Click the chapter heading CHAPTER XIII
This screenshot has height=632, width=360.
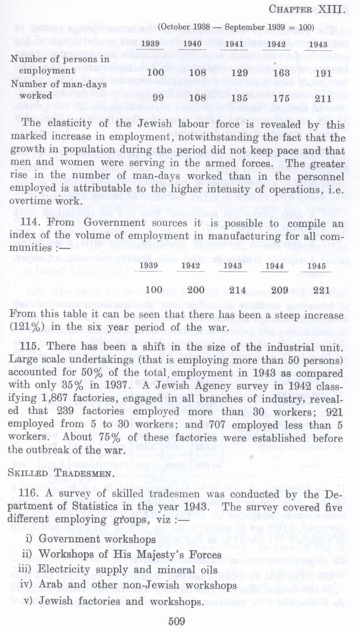coord(307,9)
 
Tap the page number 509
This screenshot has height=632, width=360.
coord(176,621)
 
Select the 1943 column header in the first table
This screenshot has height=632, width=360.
coord(318,44)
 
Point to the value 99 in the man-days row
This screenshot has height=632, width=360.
coord(158,97)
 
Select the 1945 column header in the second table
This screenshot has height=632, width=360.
coord(316,266)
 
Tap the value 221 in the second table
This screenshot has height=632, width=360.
coord(322,290)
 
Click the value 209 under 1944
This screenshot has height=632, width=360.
coord(280,290)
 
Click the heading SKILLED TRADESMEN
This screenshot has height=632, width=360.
coord(61,473)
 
